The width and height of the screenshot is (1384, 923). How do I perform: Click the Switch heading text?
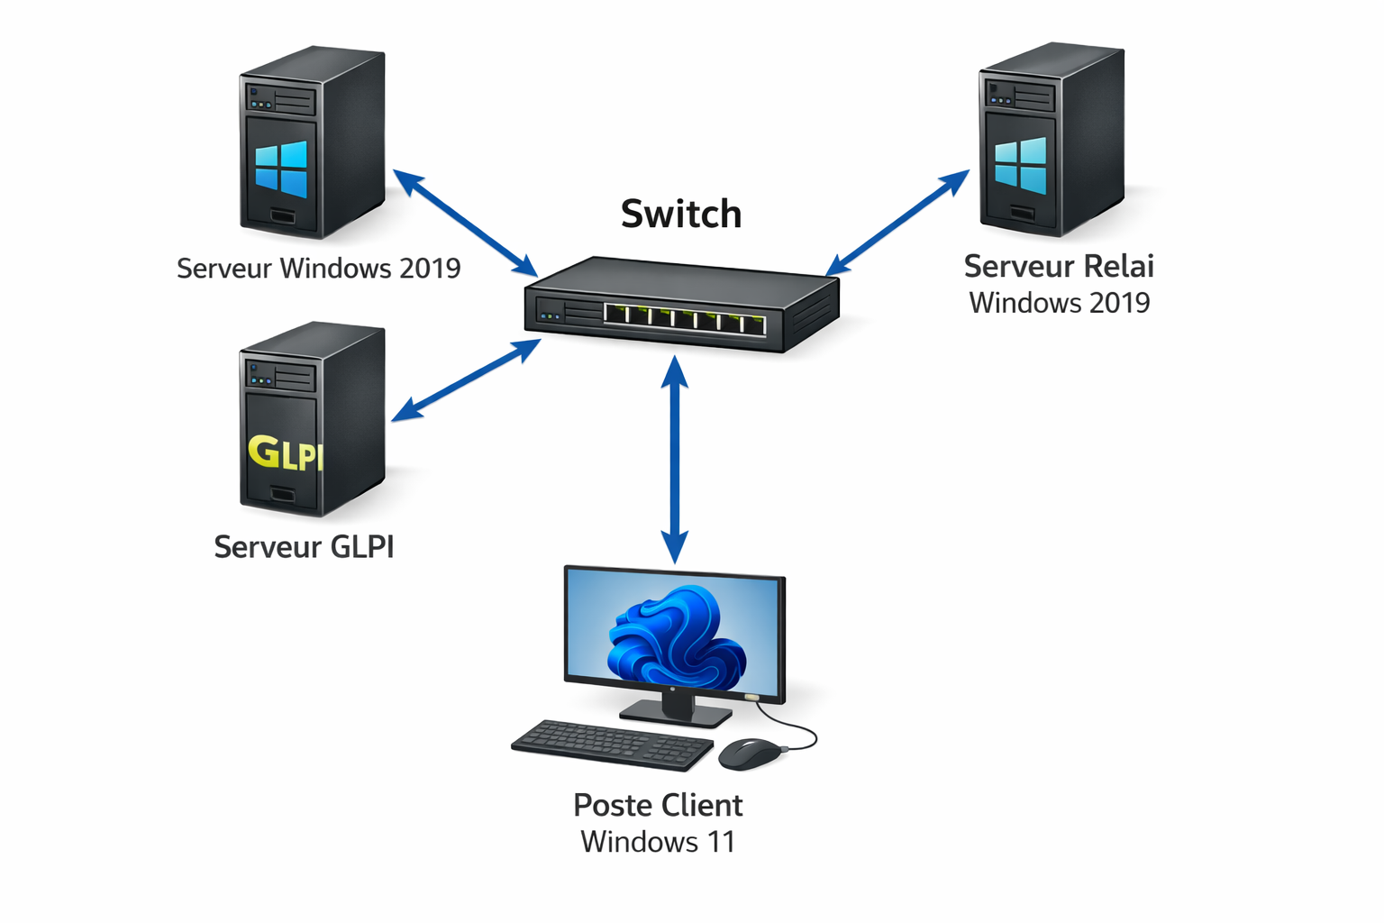(681, 215)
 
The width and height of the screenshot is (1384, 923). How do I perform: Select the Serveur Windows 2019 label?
(318, 269)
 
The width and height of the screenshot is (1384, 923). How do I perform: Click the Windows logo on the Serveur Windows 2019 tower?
(281, 169)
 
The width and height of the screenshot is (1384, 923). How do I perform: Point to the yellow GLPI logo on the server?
(285, 452)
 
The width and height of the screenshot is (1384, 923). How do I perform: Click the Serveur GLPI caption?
(304, 547)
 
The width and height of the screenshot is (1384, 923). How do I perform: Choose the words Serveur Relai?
(1059, 267)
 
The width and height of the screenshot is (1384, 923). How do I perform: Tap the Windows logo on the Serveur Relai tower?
(1021, 165)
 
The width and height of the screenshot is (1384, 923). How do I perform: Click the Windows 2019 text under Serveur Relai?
(1060, 303)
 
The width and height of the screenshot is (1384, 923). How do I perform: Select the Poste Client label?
(658, 805)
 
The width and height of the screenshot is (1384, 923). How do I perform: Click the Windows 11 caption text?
(658, 842)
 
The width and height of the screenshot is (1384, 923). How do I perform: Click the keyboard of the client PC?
(613, 745)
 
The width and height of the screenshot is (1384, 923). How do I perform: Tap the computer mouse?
(749, 753)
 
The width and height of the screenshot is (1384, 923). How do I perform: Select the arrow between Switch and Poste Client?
(675, 460)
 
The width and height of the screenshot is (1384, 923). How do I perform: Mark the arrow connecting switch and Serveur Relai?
(897, 222)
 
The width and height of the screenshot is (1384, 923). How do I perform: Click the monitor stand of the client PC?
(676, 709)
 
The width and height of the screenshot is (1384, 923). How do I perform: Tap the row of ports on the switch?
(685, 317)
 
